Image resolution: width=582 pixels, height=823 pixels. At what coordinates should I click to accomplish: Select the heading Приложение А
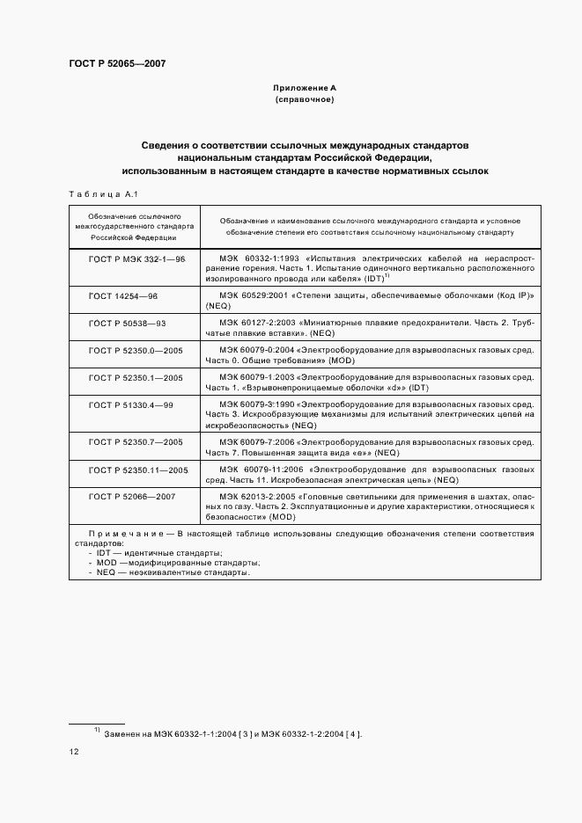coord(305,88)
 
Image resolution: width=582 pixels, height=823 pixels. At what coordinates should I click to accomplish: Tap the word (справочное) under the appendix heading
coord(305,100)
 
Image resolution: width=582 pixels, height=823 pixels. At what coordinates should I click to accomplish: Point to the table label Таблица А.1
coord(98,194)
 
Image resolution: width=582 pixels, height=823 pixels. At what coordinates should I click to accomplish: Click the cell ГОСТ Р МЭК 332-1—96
coord(136,259)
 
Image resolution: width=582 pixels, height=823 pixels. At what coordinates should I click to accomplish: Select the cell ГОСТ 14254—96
coord(123,297)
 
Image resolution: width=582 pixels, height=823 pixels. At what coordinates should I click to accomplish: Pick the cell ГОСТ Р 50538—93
coord(128,324)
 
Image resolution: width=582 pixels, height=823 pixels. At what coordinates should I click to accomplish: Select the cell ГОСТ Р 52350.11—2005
coord(139,470)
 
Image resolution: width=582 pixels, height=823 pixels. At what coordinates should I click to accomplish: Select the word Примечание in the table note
coord(125,534)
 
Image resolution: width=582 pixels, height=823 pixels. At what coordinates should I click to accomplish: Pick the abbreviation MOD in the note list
coord(107,562)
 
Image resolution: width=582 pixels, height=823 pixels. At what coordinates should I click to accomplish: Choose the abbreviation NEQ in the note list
coord(107,572)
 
